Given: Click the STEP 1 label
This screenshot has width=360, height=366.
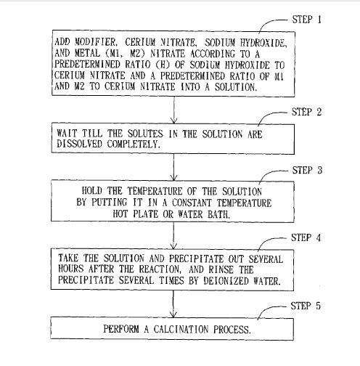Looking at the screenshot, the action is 307,20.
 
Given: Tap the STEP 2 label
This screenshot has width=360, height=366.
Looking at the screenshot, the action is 306,112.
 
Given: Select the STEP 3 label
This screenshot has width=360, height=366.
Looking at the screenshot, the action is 307,170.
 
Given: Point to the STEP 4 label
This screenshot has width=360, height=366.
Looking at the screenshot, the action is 306,237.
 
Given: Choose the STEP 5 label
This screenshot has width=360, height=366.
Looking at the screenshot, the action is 306,306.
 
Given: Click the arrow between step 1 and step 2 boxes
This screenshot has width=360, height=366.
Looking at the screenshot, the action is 174,110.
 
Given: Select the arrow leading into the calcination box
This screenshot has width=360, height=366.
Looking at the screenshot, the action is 173,304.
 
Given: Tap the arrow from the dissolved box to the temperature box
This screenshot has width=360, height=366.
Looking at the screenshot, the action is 173,167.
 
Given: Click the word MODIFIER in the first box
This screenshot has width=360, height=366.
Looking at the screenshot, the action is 96,42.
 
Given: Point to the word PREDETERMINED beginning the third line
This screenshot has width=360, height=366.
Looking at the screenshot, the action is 87,64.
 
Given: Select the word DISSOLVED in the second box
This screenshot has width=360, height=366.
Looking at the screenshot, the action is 79,144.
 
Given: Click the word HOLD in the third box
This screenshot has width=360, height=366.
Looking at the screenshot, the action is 92,191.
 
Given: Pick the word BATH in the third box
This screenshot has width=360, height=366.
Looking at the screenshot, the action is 218,214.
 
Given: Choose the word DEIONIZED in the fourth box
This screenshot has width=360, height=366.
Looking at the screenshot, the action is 226,281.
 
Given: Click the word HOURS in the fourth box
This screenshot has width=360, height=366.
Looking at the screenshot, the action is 71,269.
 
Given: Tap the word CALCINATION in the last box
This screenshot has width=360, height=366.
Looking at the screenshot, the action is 181,329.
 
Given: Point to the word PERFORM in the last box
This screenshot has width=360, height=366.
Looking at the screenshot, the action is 121,329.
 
